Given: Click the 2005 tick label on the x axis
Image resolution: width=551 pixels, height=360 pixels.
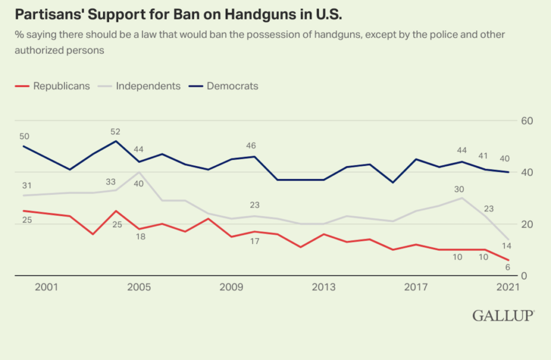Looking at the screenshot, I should pyautogui.click(x=139, y=287).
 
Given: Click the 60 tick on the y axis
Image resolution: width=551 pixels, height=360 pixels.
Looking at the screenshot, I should pyautogui.click(x=527, y=121).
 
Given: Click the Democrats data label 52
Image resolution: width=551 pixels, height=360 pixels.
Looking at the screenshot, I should pyautogui.click(x=115, y=131).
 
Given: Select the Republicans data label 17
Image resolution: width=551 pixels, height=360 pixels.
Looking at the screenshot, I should pyautogui.click(x=255, y=242).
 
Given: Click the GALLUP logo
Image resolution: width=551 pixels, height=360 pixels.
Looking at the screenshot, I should pyautogui.click(x=503, y=316).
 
